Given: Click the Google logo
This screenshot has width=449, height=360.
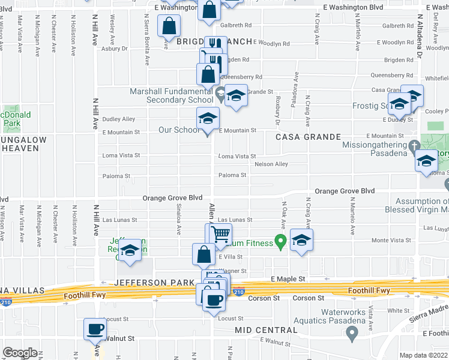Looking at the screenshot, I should tap(20, 353).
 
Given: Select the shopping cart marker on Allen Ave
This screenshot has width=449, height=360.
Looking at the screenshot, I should tap(221, 235).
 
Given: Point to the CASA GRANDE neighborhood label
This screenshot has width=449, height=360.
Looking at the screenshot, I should tap(300, 137).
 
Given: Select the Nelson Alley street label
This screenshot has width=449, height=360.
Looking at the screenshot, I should tap(271, 164).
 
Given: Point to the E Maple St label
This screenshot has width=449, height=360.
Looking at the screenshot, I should tap(288, 279).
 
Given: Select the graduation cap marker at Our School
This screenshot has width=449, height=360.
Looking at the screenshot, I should tap(208, 119).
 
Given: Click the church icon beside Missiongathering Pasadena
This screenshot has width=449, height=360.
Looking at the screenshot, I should tap(414, 146).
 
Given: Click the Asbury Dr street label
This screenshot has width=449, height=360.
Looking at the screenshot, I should tap(116, 49).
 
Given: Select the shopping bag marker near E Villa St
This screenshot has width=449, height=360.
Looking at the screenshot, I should tap(203, 254).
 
